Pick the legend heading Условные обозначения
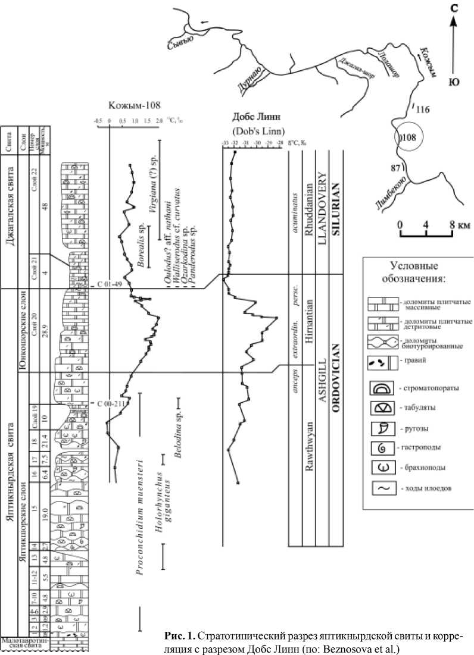click(x=416, y=272)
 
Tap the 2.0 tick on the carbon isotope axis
click(x=160, y=121)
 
